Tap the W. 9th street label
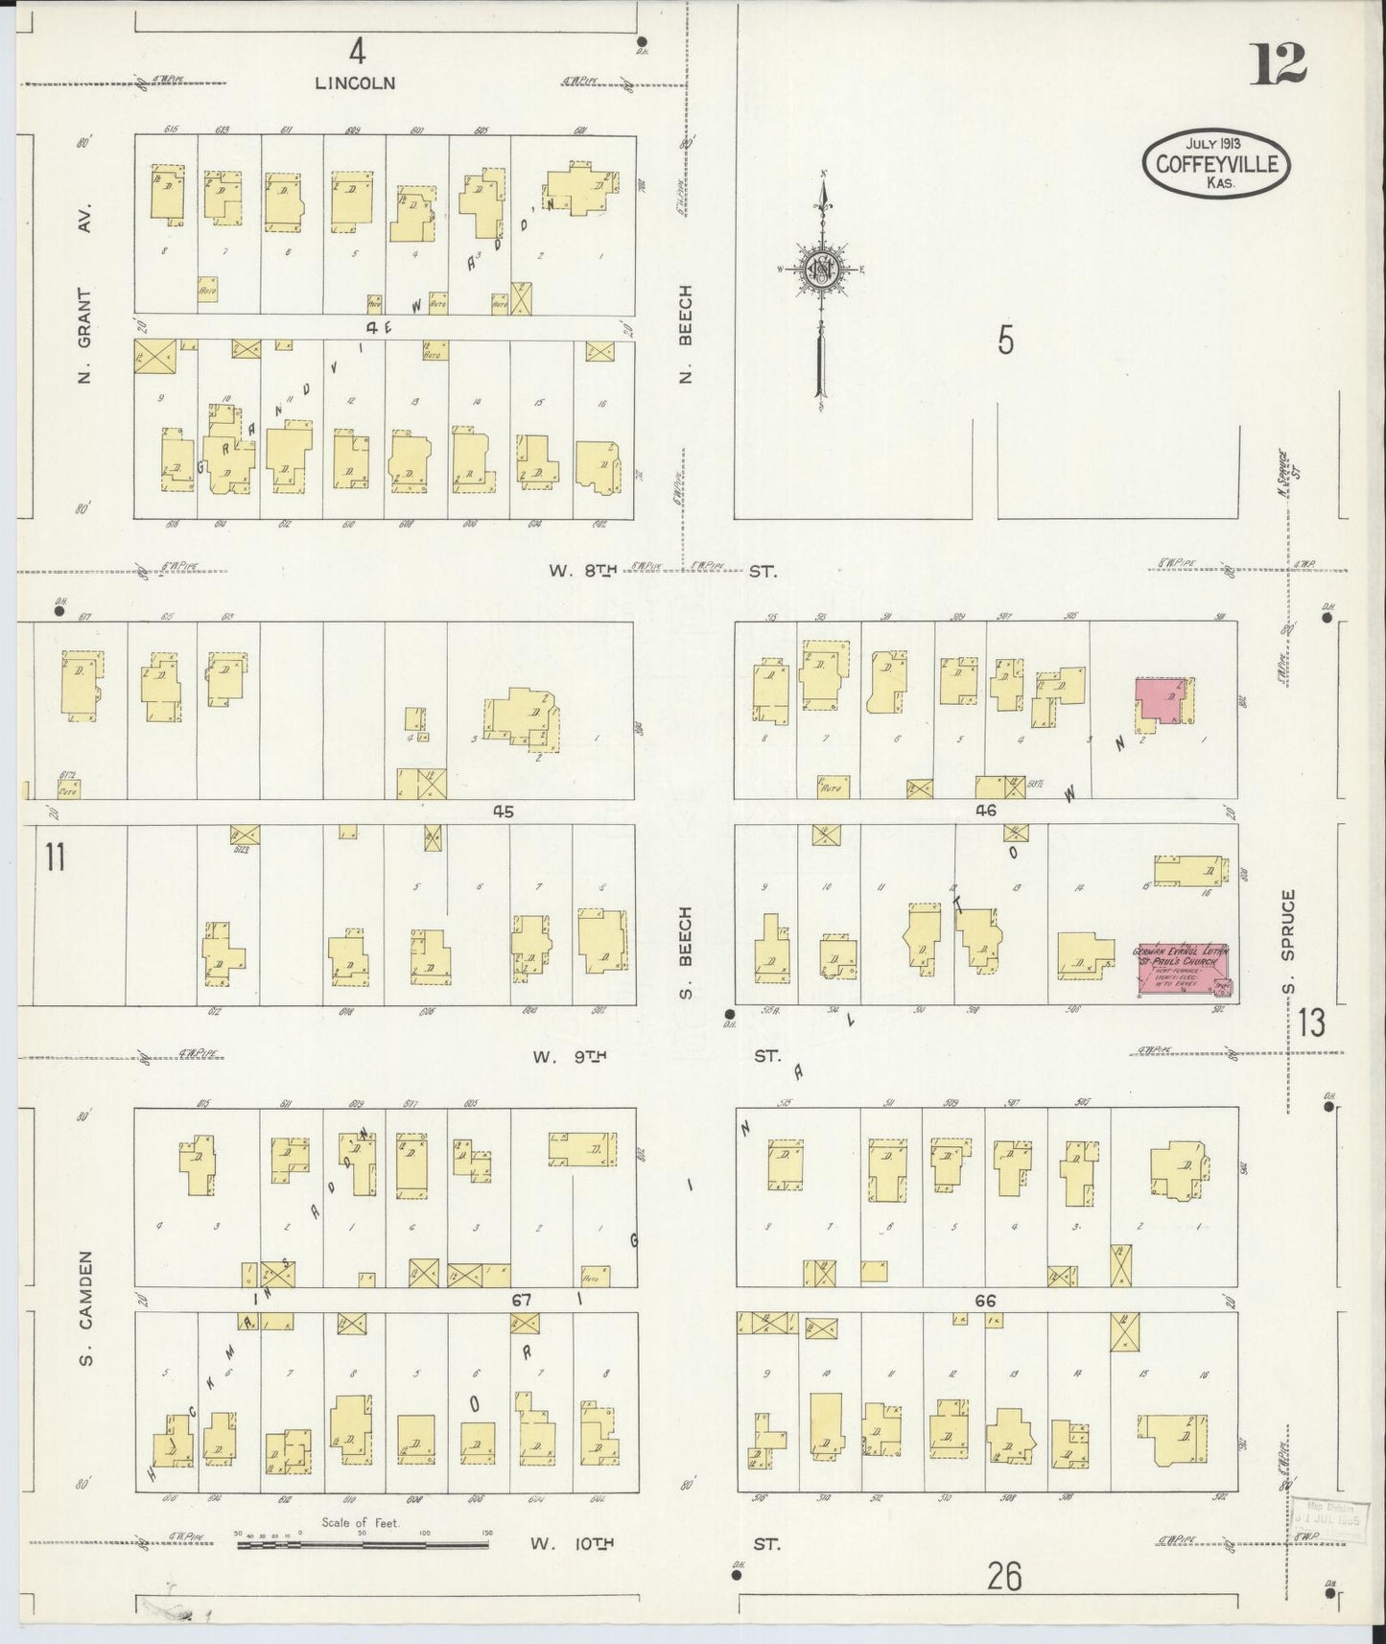(x=576, y=1057)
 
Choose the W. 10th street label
(x=570, y=1544)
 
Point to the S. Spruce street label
(x=1288, y=942)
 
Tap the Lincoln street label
(x=355, y=82)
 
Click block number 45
(x=503, y=811)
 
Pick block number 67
(x=521, y=1300)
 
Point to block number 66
(x=985, y=1301)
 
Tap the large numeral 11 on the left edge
(x=55, y=857)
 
